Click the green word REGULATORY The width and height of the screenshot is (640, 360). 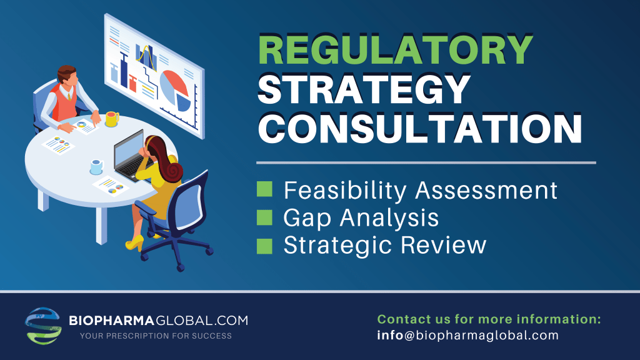395,49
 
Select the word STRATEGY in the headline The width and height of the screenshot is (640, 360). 364,89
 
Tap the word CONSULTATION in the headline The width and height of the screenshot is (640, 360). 420,127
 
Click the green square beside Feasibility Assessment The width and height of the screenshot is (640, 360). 264,189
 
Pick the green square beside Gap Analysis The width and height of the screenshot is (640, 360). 264,217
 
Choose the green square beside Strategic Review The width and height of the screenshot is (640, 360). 264,246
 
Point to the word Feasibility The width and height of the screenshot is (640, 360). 345,191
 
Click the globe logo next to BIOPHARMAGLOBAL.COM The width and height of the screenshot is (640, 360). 43,326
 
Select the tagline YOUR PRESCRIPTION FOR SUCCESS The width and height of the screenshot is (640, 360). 156,336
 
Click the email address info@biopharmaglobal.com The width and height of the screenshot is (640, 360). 467,335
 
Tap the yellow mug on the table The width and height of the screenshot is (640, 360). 112,119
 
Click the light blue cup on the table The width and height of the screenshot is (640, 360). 97,167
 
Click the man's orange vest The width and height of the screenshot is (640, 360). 64,103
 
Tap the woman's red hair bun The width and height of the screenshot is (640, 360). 172,171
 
